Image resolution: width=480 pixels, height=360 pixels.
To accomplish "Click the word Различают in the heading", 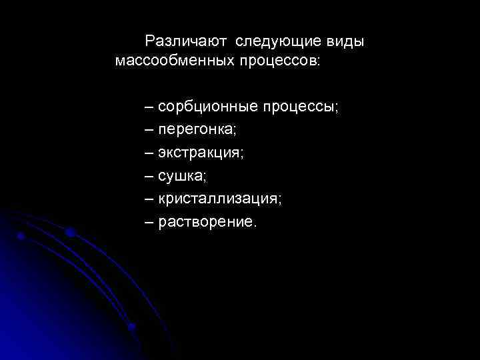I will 186,42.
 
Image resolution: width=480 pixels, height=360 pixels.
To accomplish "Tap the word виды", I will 345,42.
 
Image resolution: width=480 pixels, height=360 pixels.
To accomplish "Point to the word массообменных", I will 173,61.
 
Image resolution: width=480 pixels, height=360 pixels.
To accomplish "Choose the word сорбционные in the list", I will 207,107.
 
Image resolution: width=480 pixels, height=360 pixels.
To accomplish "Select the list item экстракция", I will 199,153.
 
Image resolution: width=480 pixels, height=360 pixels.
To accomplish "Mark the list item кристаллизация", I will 219,199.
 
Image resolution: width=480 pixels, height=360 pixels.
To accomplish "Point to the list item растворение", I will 205,221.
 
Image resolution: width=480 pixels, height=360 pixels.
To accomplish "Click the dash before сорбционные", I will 149,107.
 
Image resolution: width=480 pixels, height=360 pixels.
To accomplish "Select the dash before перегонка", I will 149,130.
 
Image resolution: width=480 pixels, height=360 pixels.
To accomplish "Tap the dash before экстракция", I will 149,153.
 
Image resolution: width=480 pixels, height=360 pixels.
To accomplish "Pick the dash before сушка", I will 149,175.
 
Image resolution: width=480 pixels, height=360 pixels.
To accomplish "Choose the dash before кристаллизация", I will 149,198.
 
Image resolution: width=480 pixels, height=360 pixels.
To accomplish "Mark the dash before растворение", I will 149,221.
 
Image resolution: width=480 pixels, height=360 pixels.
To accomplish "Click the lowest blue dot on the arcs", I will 132,327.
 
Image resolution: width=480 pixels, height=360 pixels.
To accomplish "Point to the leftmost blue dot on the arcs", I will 21,236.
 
